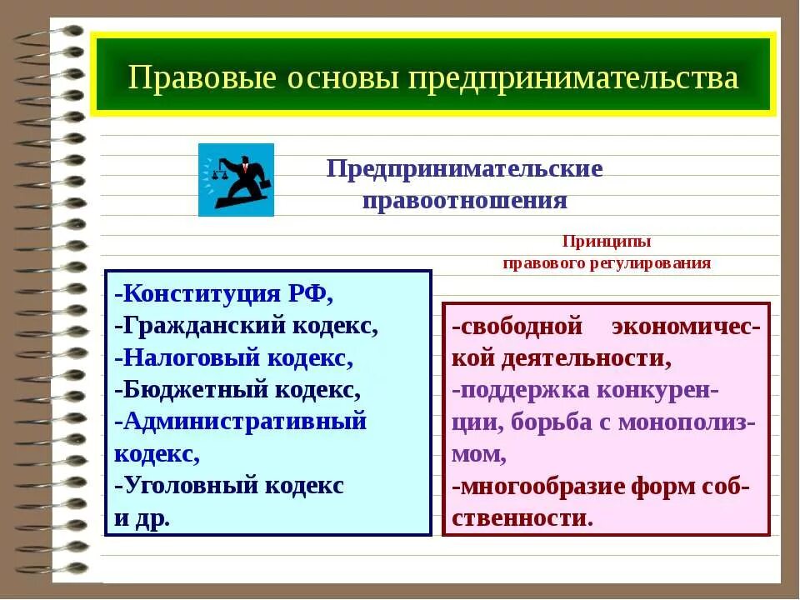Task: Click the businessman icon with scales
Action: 236,180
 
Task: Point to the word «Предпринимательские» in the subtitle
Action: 464,168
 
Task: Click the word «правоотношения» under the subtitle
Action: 464,201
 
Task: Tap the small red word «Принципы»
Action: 606,242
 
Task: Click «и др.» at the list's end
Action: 142,517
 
